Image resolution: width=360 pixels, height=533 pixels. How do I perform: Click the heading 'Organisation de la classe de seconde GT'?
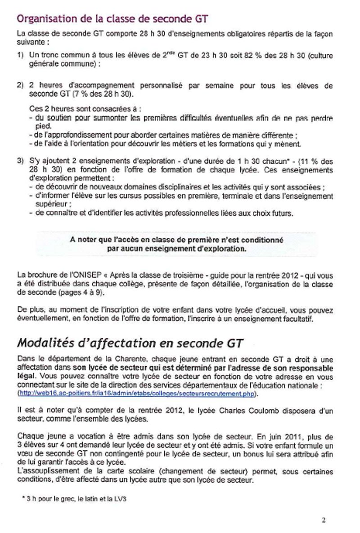tap(112, 18)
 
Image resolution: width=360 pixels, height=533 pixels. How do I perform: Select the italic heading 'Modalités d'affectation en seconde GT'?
tap(130, 343)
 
